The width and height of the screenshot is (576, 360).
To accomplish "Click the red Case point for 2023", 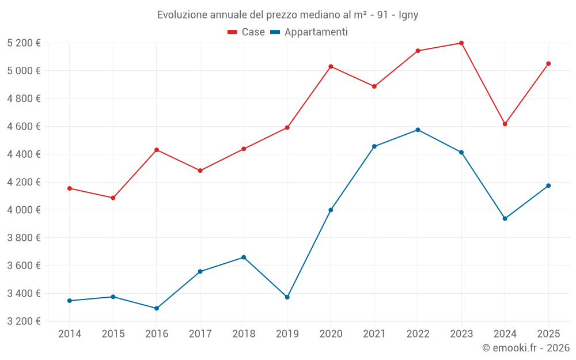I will (461, 43).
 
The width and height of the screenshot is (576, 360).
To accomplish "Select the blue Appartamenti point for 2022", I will (418, 130).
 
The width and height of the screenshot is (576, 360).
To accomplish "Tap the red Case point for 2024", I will (505, 124).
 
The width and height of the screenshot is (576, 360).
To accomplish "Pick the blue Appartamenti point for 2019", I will (287, 297).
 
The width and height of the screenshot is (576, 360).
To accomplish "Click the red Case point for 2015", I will (113, 198).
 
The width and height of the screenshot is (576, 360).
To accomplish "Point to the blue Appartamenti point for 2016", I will (157, 308).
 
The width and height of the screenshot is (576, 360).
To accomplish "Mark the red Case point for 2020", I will (331, 66).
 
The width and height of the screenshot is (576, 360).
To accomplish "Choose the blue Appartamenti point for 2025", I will (548, 185).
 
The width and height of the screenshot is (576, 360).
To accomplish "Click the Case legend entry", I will (247, 32).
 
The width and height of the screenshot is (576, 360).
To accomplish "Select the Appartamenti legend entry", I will (309, 32).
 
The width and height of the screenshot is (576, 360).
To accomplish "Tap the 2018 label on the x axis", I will (244, 334).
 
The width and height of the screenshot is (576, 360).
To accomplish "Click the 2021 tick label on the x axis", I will (374, 334).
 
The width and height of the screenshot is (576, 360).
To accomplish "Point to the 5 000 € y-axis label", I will (24, 71).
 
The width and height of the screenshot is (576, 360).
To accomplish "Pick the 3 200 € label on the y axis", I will (24, 321).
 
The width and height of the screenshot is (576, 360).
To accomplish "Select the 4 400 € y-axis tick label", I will (24, 154).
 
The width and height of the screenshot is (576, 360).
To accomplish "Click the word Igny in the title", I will (408, 15).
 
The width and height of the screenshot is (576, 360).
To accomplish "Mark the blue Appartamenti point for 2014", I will (70, 301).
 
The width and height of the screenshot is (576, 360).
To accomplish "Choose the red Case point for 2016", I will (157, 150).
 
